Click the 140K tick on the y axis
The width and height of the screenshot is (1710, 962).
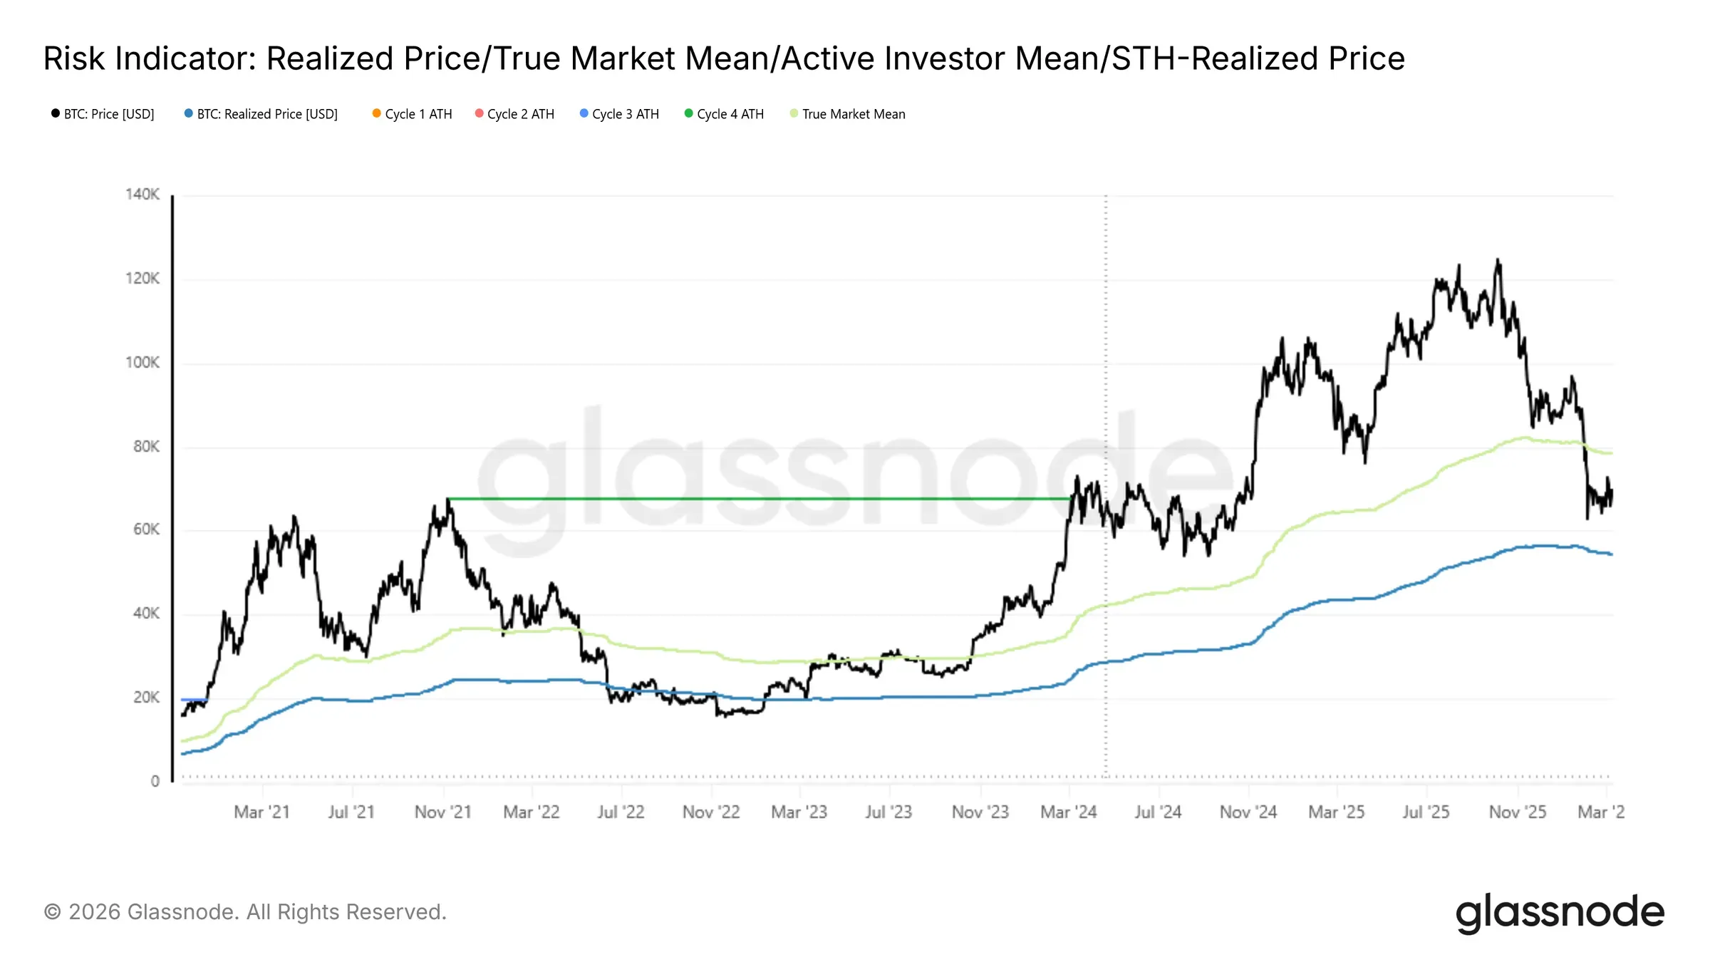142,195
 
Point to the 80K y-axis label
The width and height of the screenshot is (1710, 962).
146,447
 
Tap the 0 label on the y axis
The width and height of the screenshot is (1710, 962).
155,782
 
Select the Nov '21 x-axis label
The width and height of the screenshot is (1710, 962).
443,812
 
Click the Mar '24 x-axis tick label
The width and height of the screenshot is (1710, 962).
1068,812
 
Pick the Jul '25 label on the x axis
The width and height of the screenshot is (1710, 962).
1426,812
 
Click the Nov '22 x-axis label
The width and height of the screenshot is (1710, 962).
711,812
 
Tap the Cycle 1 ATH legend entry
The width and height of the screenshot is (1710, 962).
418,114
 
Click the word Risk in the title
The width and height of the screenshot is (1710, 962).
75,58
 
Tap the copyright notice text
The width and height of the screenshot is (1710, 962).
245,912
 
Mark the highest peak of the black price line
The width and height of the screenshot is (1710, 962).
1498,260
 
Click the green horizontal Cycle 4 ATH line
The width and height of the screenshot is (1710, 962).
755,499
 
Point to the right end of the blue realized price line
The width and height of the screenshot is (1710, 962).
1611,554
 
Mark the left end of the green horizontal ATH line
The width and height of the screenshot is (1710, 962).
448,499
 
